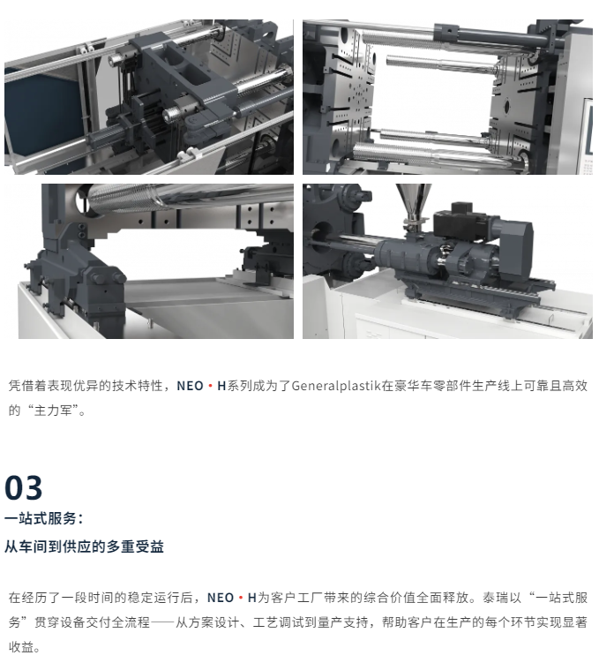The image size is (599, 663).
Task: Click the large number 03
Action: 23,487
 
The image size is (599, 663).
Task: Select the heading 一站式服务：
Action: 44,518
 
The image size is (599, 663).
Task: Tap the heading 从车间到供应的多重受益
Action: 84,546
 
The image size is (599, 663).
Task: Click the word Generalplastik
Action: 336,386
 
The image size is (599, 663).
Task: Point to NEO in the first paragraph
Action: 190,386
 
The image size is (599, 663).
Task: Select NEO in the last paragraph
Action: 221,598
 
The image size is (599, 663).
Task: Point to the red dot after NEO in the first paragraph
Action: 210,386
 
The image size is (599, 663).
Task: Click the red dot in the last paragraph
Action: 241,598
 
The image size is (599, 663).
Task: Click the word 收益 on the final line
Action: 21,647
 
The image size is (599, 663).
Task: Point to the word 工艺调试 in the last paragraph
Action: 279,622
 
